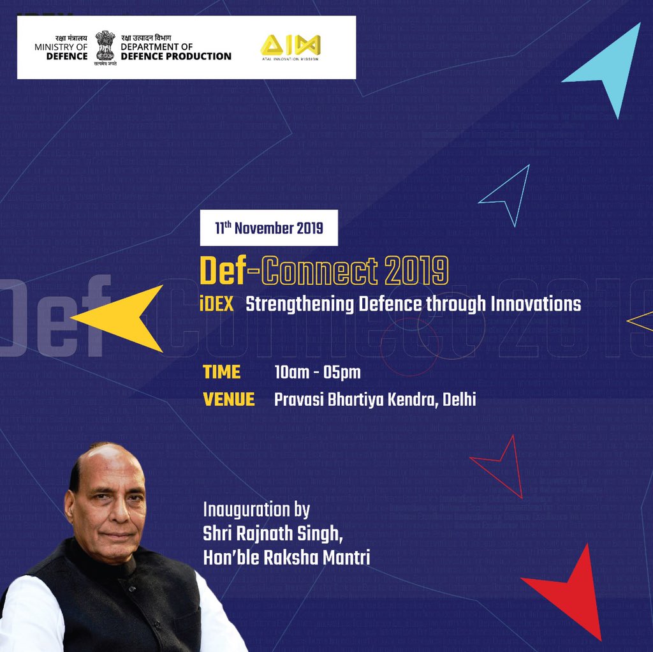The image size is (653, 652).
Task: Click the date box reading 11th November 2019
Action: click(x=268, y=228)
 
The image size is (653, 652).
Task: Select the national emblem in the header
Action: click(x=105, y=46)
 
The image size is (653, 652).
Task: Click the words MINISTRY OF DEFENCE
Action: click(x=61, y=52)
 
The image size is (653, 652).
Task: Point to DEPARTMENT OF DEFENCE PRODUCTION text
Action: click(x=175, y=52)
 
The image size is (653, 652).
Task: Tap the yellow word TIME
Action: click(x=221, y=371)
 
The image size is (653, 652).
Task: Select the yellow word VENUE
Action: click(x=228, y=400)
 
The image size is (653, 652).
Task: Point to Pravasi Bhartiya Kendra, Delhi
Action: click(x=375, y=400)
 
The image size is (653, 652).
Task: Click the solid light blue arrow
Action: click(x=606, y=68)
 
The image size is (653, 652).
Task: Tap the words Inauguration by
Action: click(x=256, y=510)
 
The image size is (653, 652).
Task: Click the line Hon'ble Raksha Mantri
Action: click(x=286, y=557)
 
